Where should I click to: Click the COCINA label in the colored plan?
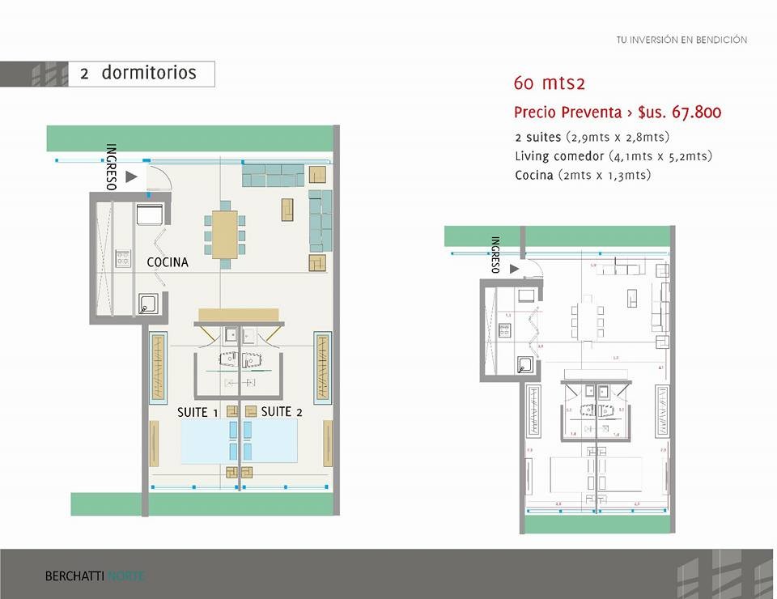[x=168, y=262]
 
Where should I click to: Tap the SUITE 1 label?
[x=197, y=413]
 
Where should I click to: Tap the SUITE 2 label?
[x=282, y=412]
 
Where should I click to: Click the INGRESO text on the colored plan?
[x=112, y=168]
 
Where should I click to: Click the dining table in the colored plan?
[x=224, y=234]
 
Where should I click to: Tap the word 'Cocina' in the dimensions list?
[x=534, y=175]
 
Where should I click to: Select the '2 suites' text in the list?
[x=537, y=137]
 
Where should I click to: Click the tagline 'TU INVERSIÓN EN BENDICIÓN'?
[x=681, y=40]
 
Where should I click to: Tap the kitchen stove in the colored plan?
[x=123, y=259]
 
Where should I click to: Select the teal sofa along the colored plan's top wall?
[x=273, y=174]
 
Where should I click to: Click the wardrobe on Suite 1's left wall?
[x=159, y=368]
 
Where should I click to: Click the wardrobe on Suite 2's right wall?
[x=322, y=368]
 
